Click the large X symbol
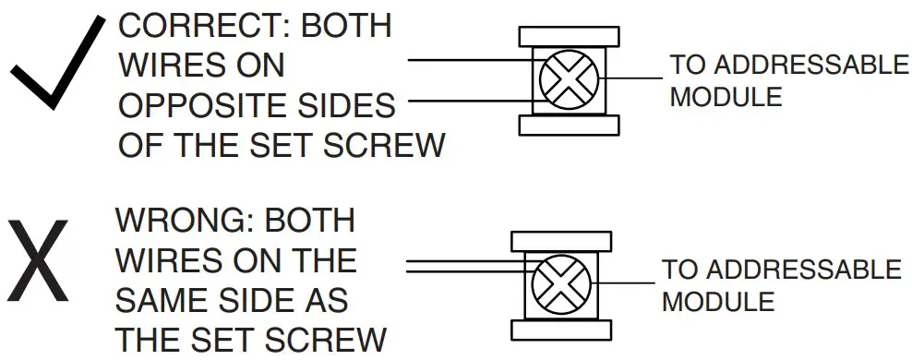[x=41, y=261]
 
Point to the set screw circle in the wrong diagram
[x=557, y=279]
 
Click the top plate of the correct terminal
[x=566, y=36]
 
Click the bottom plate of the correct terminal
[x=566, y=125]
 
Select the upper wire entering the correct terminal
[x=471, y=61]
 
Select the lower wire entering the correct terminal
[x=471, y=100]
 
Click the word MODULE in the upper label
[x=726, y=96]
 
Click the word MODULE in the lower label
[x=717, y=302]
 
